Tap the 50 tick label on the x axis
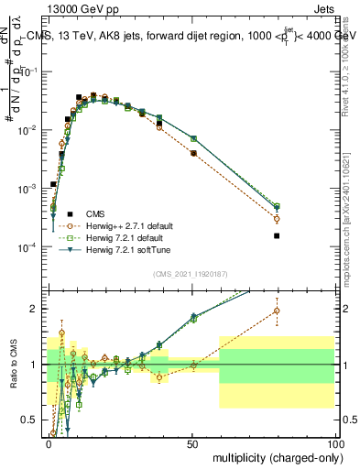191,443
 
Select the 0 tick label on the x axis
49,443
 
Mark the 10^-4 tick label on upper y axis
32,247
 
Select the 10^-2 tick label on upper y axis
32,130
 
